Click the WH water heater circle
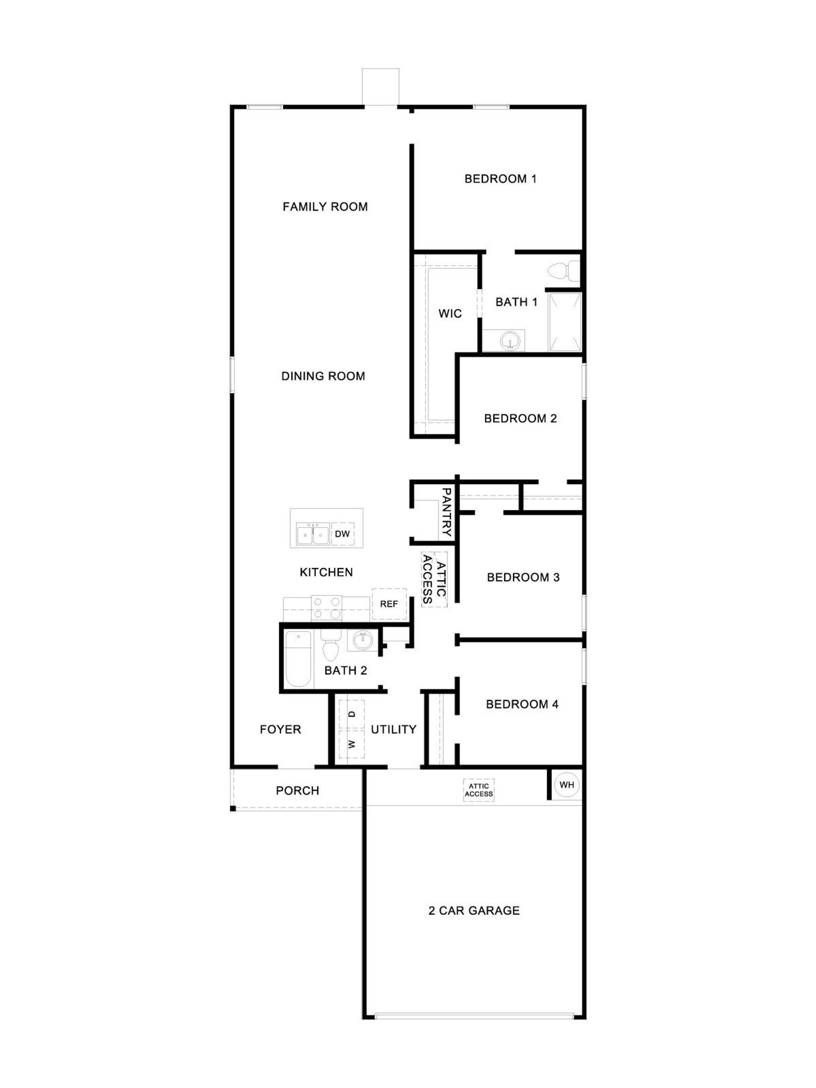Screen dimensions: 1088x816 point(566,784)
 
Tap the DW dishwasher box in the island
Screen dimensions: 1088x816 point(342,534)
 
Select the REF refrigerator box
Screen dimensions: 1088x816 point(389,604)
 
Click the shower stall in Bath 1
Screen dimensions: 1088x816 point(565,322)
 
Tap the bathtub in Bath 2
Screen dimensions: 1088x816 point(298,659)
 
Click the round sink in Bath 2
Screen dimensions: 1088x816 point(363,640)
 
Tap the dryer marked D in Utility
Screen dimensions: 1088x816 point(351,714)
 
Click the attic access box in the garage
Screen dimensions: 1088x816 point(479,790)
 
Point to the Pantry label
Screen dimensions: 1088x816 point(447,512)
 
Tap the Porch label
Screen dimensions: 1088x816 point(297,791)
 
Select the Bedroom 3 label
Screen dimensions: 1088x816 point(523,577)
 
